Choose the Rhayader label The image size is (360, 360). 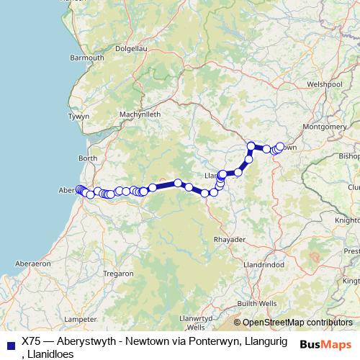pos(229,238)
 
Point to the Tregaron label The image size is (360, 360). pos(119,274)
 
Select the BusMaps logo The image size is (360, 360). pos(325,344)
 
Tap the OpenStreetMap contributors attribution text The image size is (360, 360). pos(297,323)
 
